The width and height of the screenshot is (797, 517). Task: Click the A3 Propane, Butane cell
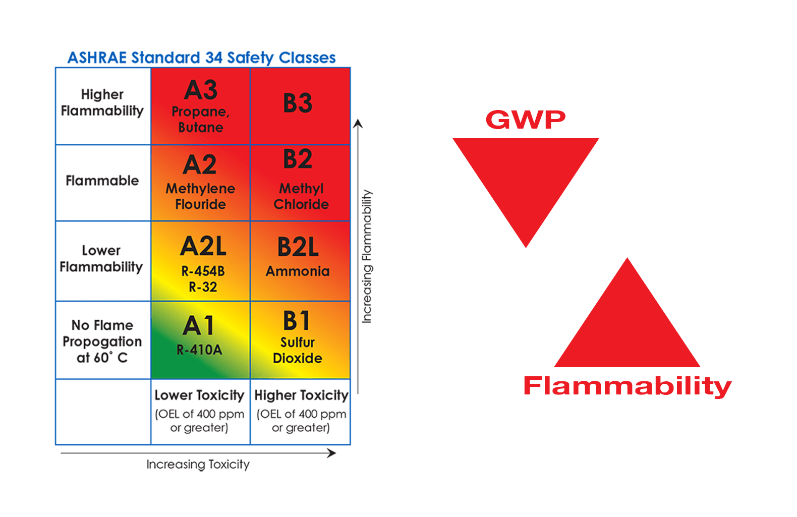[x=201, y=106]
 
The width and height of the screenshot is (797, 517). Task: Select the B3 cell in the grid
[x=300, y=106]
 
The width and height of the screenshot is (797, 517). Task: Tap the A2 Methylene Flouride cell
[x=201, y=183]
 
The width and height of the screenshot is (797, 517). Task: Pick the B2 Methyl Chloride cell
[x=300, y=183]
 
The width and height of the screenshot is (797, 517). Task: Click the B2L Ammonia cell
[x=300, y=261]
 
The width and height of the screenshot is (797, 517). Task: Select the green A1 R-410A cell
[x=201, y=340]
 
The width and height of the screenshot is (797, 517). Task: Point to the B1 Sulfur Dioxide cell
[x=300, y=340]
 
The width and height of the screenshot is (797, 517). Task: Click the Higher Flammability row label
[x=102, y=103]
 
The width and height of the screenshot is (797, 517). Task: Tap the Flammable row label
[x=102, y=181]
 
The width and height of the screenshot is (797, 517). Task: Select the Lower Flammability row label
[x=101, y=259]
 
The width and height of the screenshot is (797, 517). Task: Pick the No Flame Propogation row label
[x=102, y=341]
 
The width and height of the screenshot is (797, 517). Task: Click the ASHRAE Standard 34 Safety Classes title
[x=202, y=58]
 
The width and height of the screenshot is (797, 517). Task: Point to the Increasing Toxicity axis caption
[x=198, y=464]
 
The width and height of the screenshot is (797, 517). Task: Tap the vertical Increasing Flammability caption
[x=367, y=256]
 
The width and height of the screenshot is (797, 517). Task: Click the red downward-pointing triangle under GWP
[x=526, y=177]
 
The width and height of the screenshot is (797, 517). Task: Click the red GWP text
[x=526, y=120]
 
